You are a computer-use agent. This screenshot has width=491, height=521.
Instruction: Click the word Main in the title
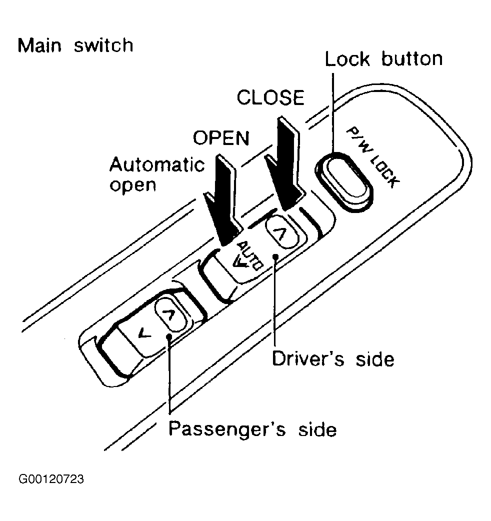[x=39, y=45]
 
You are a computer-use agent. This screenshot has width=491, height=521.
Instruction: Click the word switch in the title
[x=103, y=45]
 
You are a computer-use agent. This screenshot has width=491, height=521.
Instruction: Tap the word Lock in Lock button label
[x=347, y=59]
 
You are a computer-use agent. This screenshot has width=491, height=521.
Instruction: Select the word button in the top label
[x=412, y=59]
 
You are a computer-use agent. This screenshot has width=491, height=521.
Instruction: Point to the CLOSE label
[x=270, y=97]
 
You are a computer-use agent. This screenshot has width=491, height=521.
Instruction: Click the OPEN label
[x=221, y=138]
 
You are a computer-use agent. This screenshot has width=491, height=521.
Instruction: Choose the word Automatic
[x=157, y=164]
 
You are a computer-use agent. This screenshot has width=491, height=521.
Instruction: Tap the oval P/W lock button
[x=344, y=182]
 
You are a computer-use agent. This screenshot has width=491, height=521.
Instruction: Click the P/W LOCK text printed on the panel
[x=372, y=157]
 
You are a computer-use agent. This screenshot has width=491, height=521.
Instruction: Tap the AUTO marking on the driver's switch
[x=248, y=256]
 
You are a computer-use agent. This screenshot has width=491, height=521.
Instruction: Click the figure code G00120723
[x=51, y=479]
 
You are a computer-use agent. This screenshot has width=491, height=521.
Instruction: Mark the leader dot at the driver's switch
[x=275, y=256]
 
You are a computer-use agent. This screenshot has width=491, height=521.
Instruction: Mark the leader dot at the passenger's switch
[x=169, y=336]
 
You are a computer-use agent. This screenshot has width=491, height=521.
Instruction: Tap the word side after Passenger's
[x=317, y=429]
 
